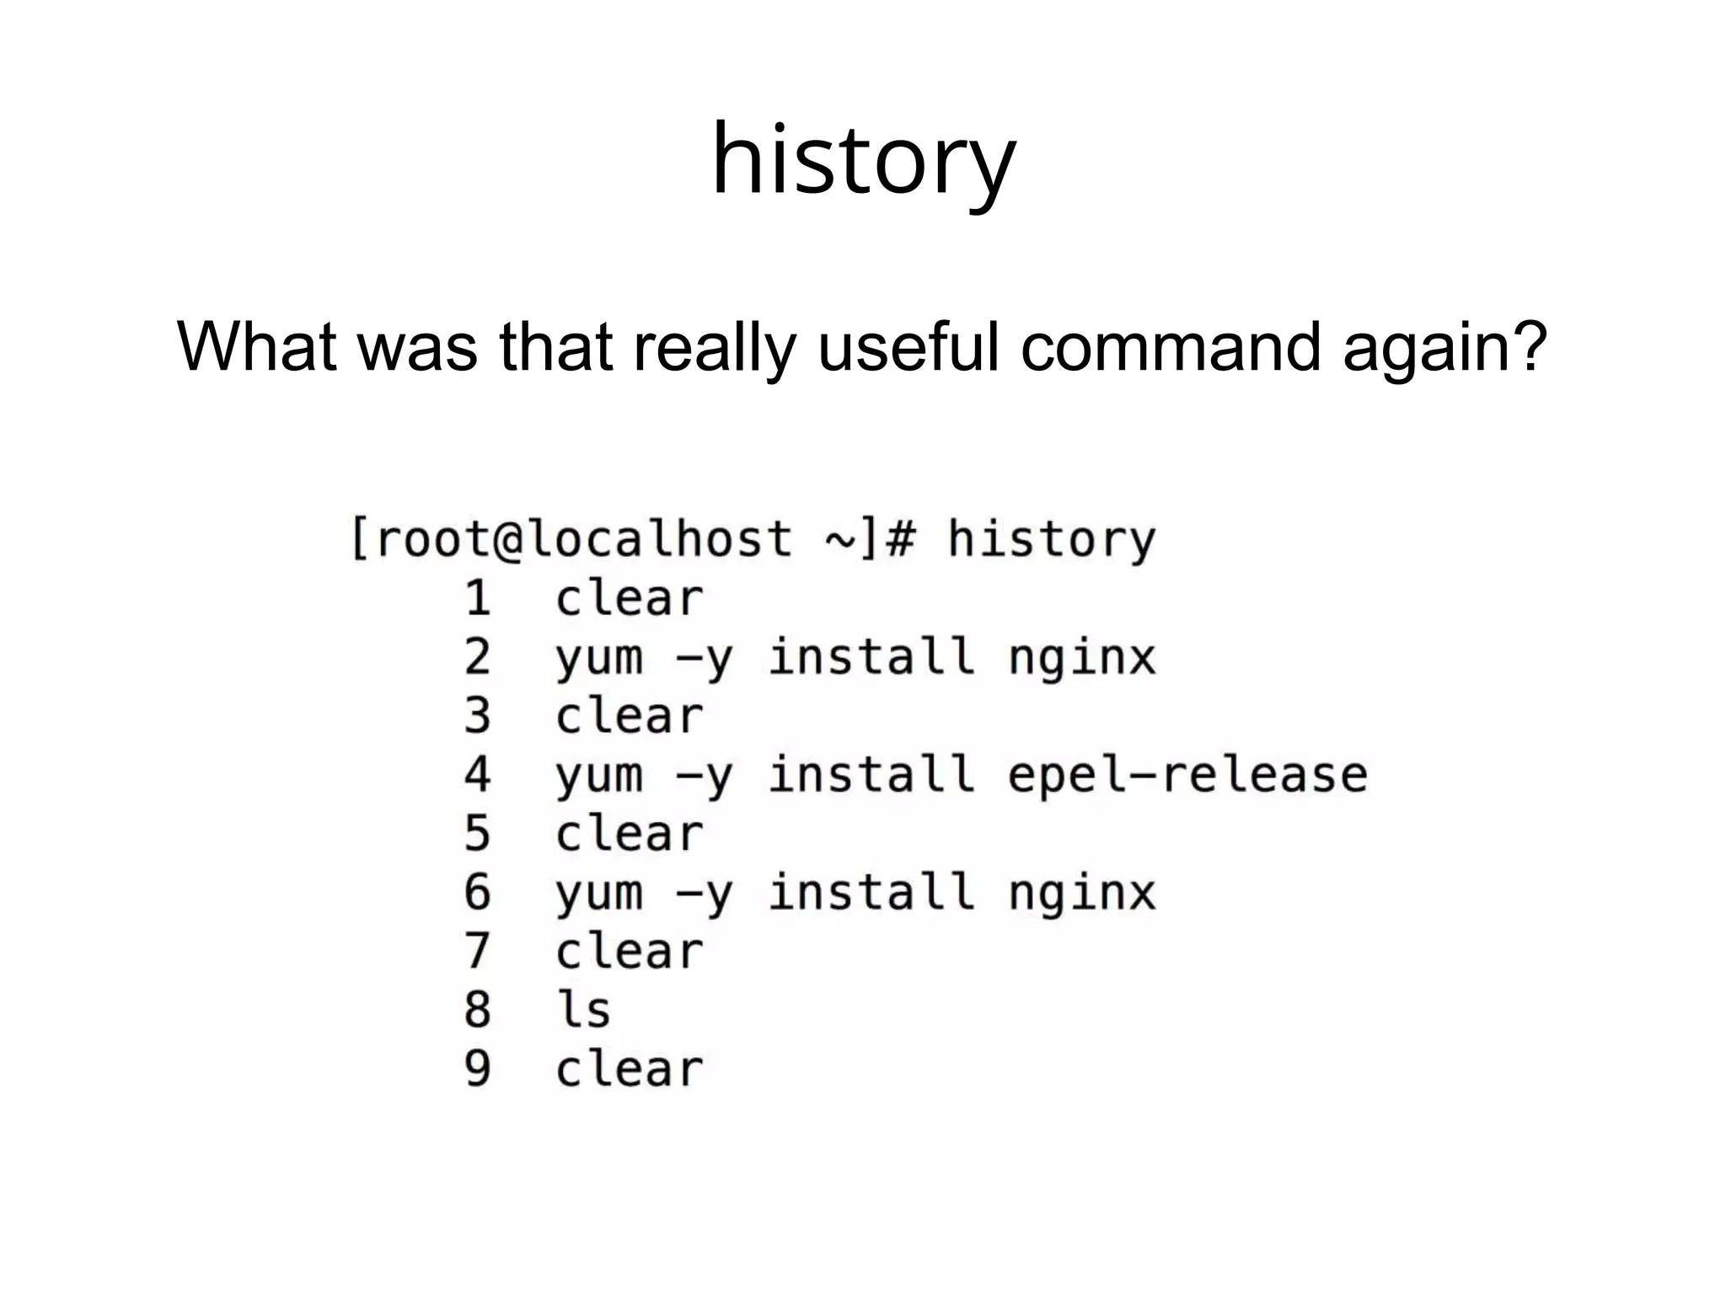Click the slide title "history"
[863, 160]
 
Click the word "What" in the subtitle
[256, 346]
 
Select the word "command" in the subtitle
[1170, 346]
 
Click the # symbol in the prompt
[899, 539]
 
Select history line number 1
[478, 599]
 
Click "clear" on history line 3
[629, 716]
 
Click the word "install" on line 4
[871, 775]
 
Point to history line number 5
[477, 834]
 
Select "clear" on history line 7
[629, 952]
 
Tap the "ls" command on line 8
[583, 1010]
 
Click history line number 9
[477, 1069]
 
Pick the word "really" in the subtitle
[714, 346]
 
